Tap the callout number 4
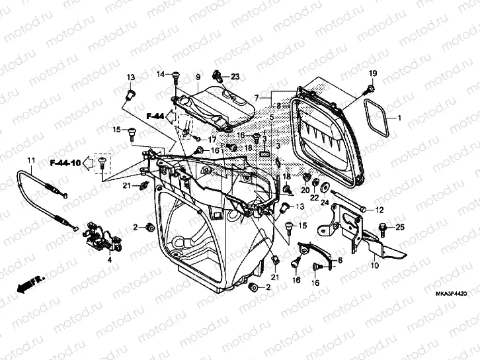point(110,260)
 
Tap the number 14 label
point(160,74)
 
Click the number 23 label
point(235,77)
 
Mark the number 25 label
point(399,228)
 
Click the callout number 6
point(340,261)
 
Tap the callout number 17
point(212,140)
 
